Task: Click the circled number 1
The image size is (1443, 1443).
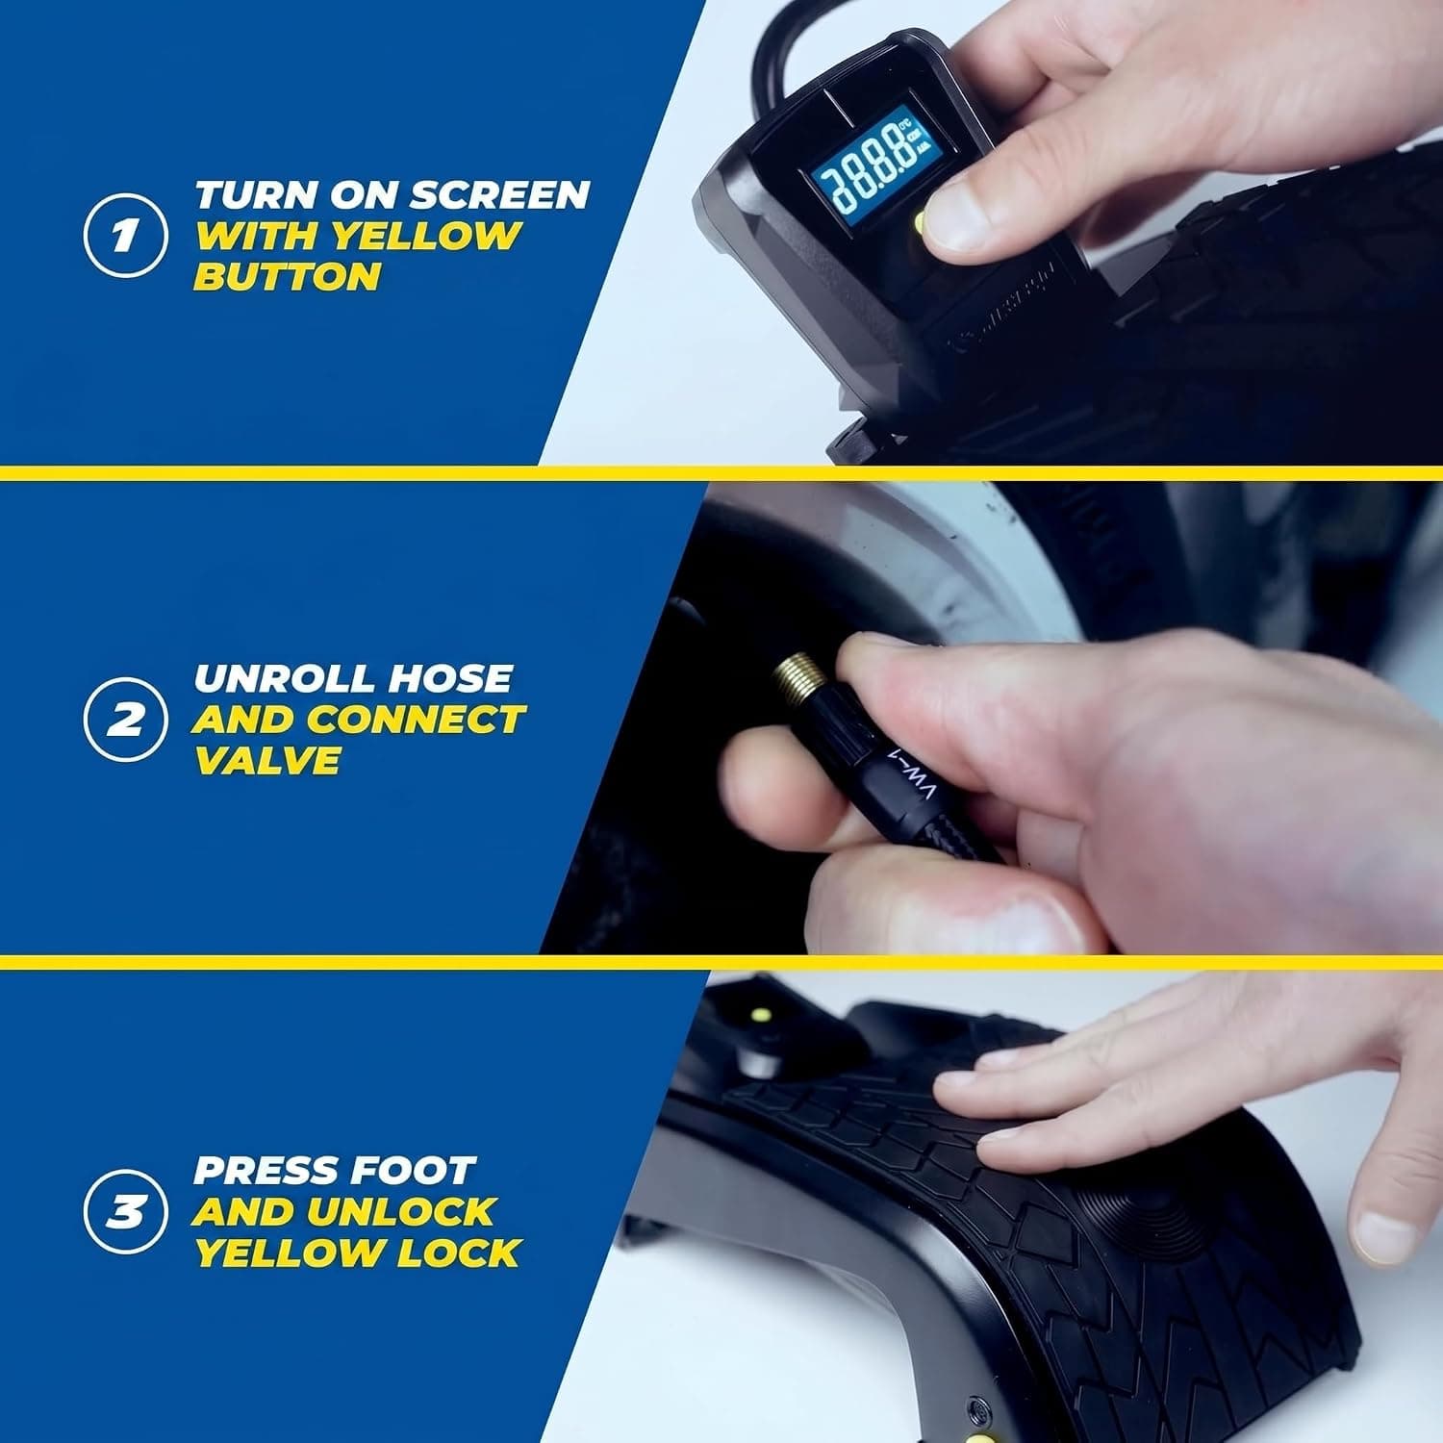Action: pyautogui.click(x=124, y=235)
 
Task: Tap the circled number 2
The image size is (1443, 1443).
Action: pyautogui.click(x=124, y=720)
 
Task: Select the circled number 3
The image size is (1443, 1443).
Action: pyautogui.click(x=124, y=1212)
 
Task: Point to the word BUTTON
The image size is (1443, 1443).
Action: pyautogui.click(x=288, y=277)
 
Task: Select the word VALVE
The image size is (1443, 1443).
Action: pyautogui.click(x=266, y=761)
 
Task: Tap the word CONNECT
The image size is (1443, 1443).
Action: pyautogui.click(x=416, y=720)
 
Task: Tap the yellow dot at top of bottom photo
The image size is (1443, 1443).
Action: pyautogui.click(x=760, y=1015)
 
